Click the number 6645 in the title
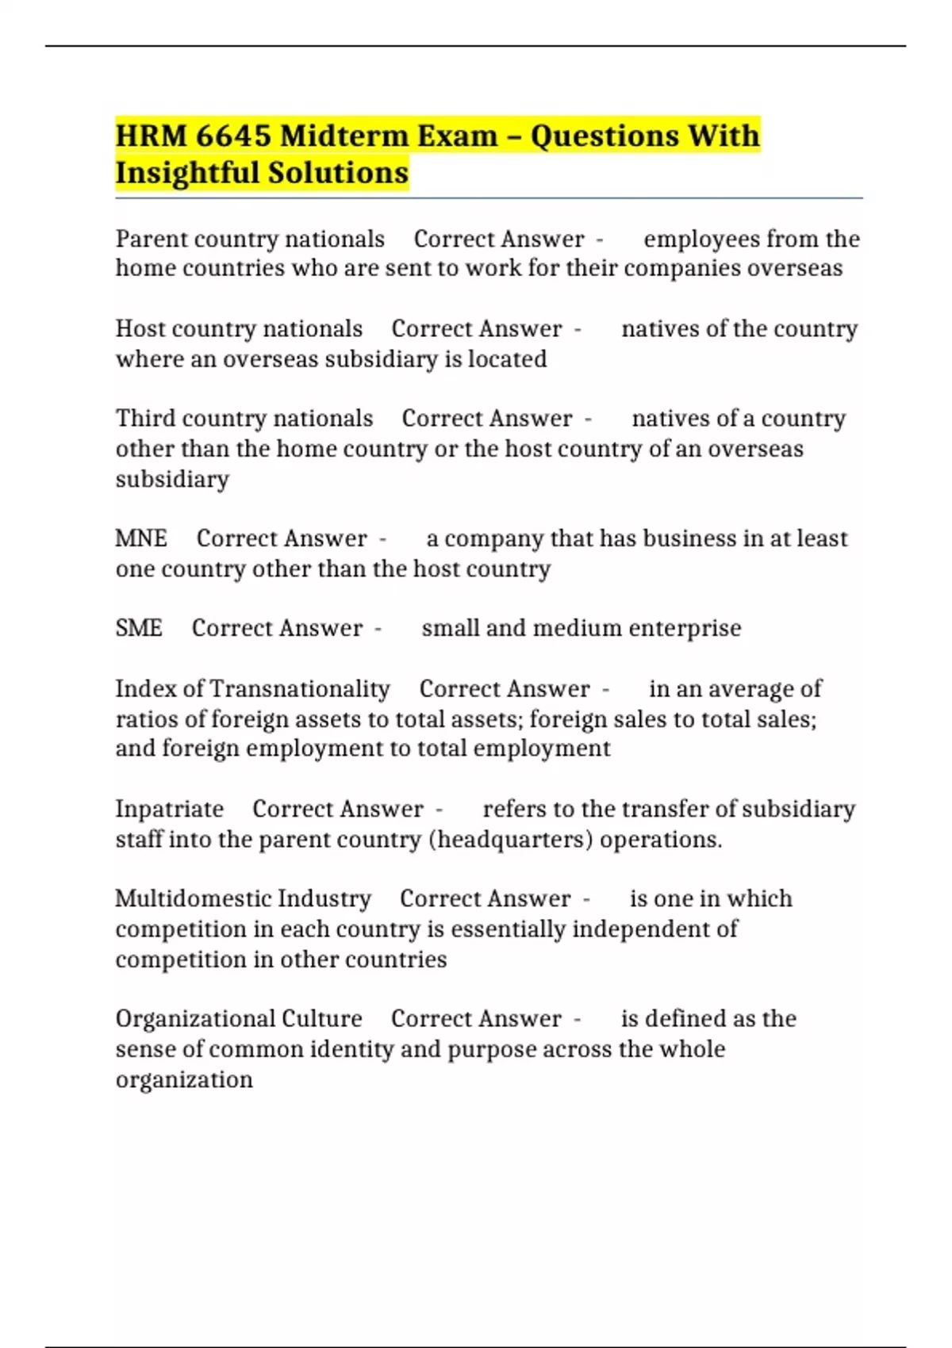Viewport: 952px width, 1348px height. tap(232, 136)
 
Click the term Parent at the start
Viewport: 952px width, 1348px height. tap(152, 239)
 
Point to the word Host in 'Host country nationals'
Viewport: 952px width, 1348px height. tap(140, 328)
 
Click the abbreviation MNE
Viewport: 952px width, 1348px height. tap(141, 538)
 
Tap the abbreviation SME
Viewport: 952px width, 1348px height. tap(139, 628)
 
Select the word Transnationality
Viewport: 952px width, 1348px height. tap(300, 688)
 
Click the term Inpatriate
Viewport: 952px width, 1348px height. tap(170, 809)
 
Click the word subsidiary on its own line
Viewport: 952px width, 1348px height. tap(172, 479)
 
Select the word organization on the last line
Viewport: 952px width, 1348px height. tap(184, 1079)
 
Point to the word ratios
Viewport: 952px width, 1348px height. tap(146, 719)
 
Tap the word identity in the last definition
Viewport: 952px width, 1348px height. tap(351, 1049)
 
